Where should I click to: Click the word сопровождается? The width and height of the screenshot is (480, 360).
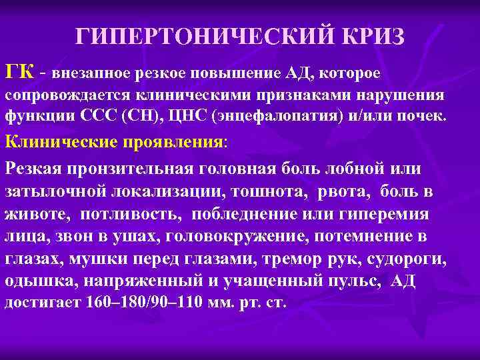coord(67,96)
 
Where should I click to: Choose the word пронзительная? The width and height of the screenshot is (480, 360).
coord(140,169)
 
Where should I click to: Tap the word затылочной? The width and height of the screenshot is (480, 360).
coord(57,192)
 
